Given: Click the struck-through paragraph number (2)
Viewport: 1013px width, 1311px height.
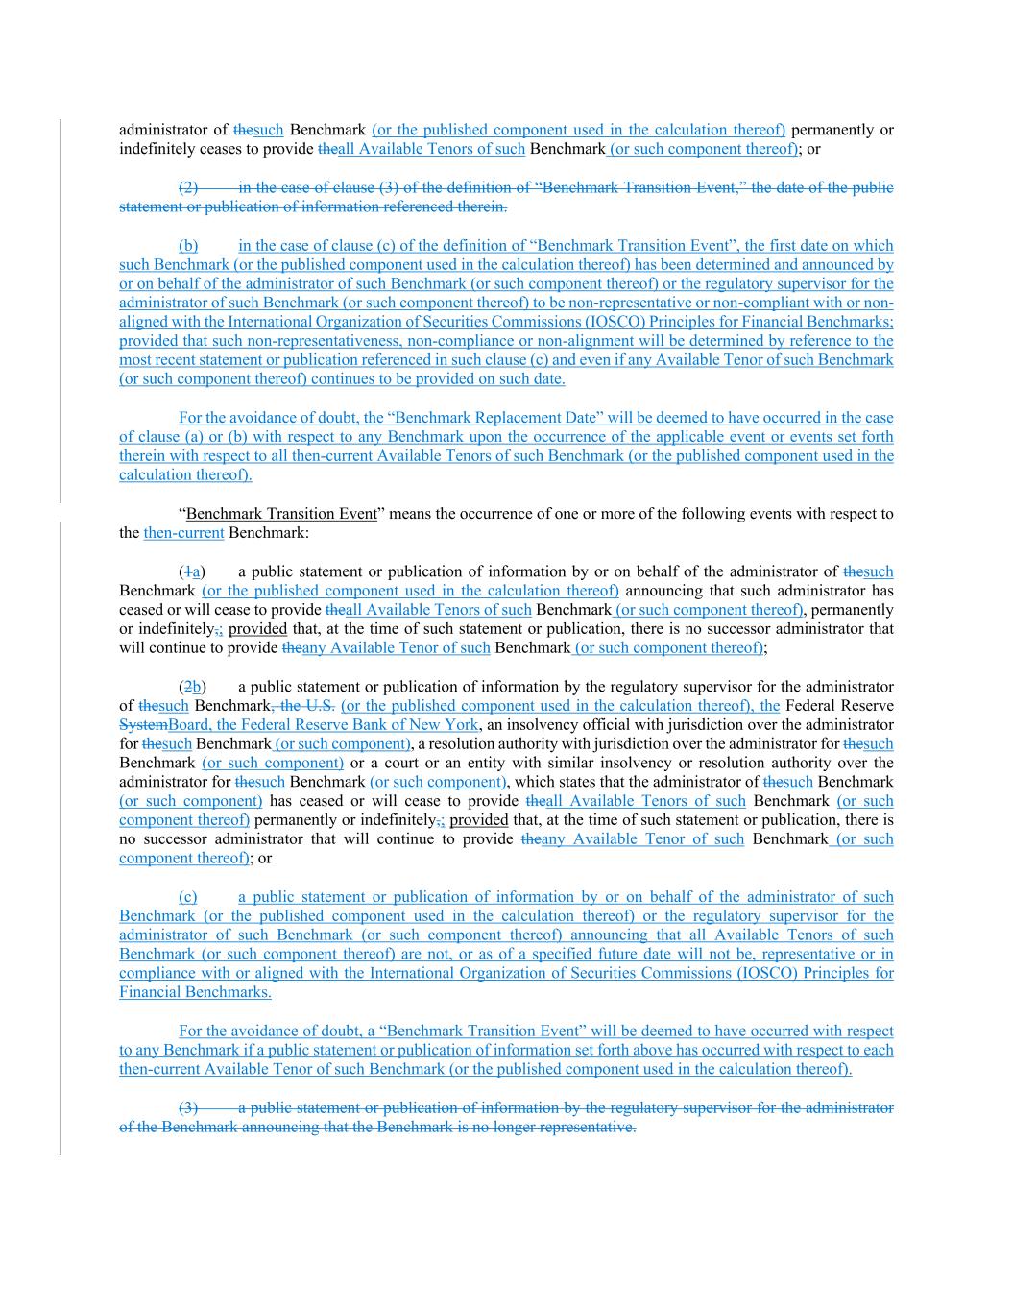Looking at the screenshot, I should point(188,187).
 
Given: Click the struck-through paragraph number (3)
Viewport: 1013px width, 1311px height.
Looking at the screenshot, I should point(188,1107).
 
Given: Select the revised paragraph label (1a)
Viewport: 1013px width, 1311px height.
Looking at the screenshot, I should point(192,571).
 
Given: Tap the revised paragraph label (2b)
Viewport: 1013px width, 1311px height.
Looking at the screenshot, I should point(192,687).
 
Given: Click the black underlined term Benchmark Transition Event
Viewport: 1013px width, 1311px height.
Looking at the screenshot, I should point(281,514).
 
